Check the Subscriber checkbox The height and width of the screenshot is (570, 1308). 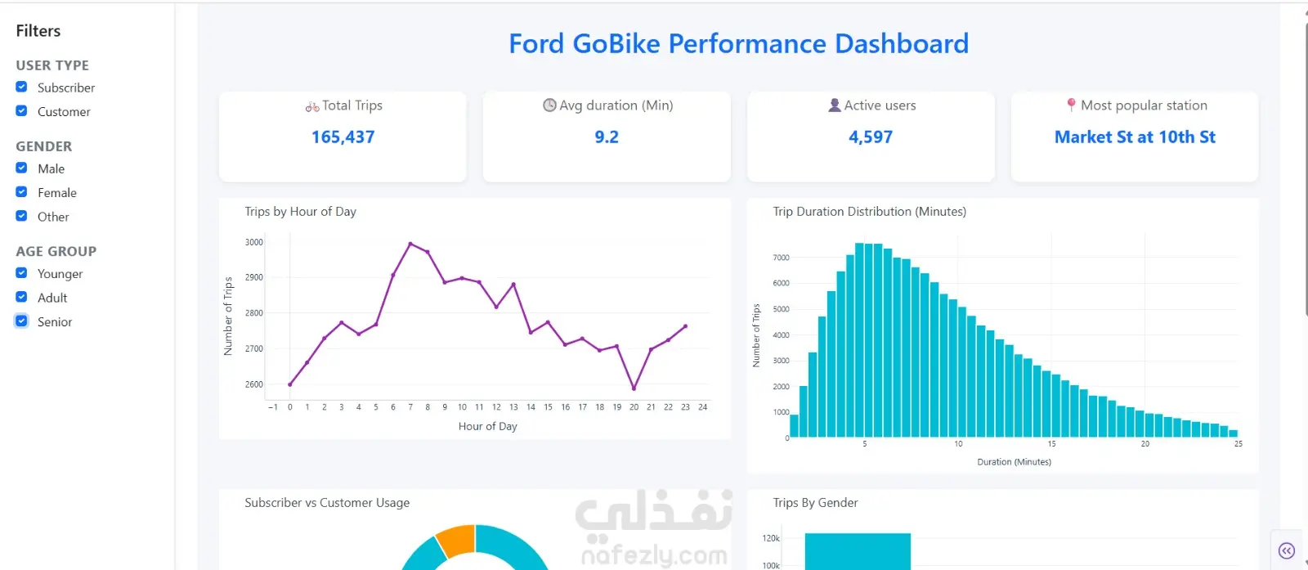coord(21,87)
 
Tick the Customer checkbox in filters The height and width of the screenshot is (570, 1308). coord(21,111)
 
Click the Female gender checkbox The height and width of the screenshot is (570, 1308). coord(21,191)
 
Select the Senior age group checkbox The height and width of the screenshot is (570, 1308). coord(21,321)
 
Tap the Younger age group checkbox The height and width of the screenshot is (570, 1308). coord(21,273)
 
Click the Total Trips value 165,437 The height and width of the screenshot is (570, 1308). coord(343,137)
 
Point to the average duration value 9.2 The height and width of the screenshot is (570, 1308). coord(607,137)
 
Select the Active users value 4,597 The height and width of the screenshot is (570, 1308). coord(871,137)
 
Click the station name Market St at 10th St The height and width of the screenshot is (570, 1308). coord(1135,137)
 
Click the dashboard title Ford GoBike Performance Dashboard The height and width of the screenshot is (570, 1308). coord(739,43)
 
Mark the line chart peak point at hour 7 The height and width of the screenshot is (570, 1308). coord(410,244)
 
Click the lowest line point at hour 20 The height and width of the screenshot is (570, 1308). coord(634,388)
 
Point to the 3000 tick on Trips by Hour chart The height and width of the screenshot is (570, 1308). coord(254,242)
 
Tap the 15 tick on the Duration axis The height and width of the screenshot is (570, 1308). coord(1051,444)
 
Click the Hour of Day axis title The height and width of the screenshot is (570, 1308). coord(487,426)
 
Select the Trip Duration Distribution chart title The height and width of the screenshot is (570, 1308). coord(870,212)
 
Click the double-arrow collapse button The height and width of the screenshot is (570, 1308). coord(1287,550)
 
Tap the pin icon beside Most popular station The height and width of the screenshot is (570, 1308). coord(1071,105)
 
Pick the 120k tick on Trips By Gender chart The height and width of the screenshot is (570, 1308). coord(771,538)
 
